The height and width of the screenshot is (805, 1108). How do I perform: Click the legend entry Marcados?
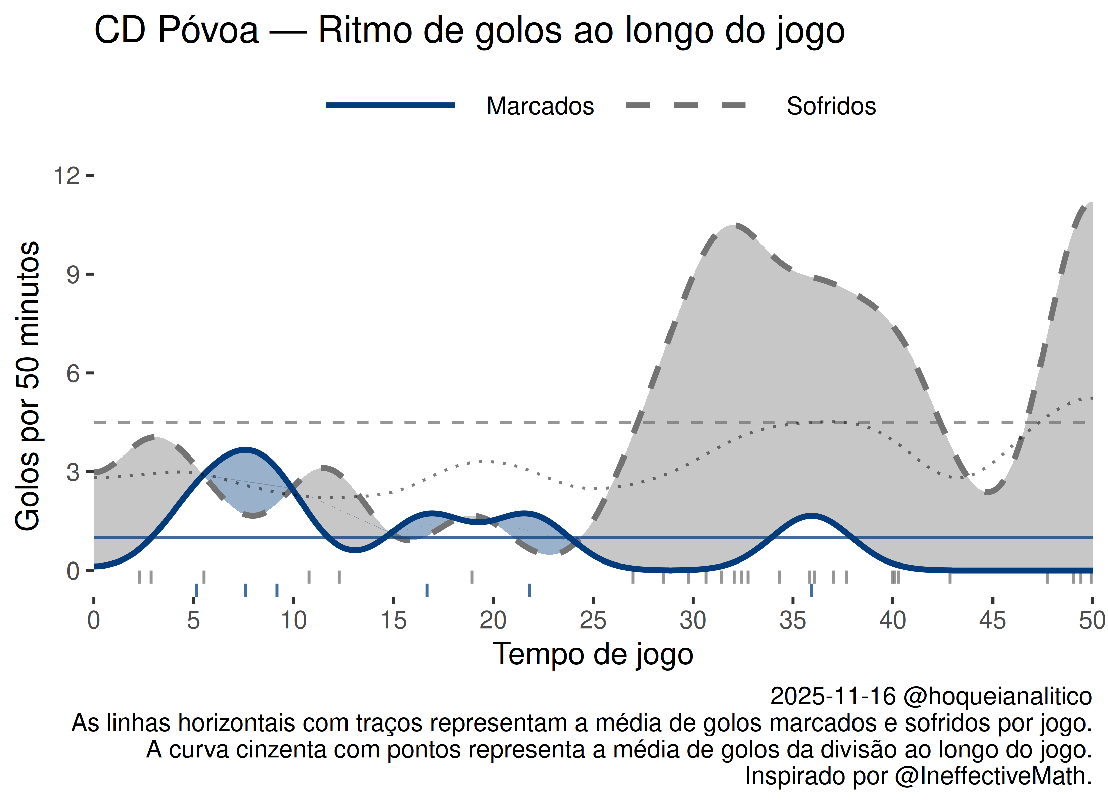coord(540,106)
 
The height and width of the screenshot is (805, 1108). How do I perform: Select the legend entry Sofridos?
coord(831,106)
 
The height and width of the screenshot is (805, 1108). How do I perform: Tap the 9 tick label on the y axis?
coord(73,275)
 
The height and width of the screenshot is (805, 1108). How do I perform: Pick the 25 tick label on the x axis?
coord(593,621)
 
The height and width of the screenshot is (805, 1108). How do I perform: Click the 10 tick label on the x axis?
coord(293,621)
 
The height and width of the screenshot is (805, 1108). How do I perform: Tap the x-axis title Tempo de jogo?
coord(593,654)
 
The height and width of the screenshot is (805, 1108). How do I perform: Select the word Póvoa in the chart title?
coord(208,30)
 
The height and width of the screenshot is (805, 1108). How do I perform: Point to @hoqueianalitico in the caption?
coord(997,696)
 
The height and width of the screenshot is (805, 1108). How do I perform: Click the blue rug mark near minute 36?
coord(812,590)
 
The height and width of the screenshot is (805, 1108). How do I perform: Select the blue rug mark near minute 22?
coord(529,590)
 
